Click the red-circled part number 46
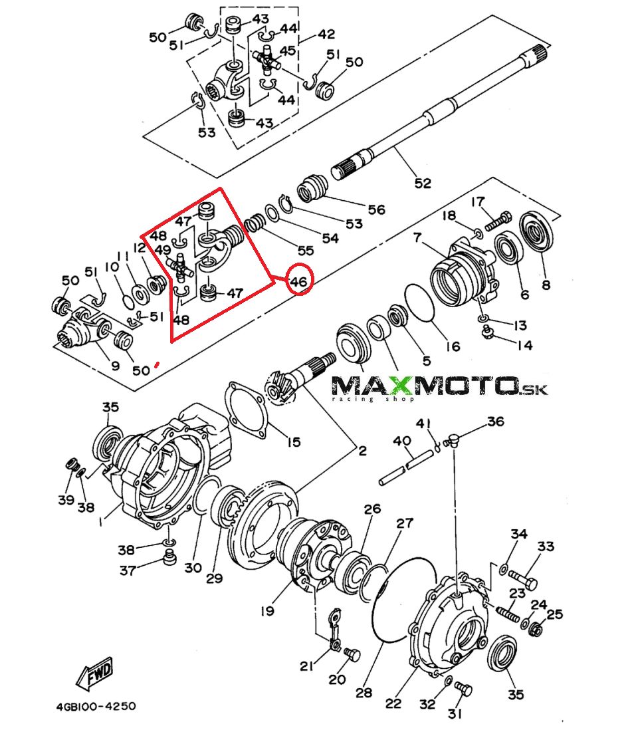point(298,282)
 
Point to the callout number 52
point(423,183)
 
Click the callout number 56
point(376,210)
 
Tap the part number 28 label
point(364,692)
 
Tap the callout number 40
point(401,441)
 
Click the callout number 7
point(417,237)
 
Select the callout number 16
point(453,346)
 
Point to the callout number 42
point(326,35)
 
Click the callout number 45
point(288,51)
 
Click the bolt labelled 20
point(353,656)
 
